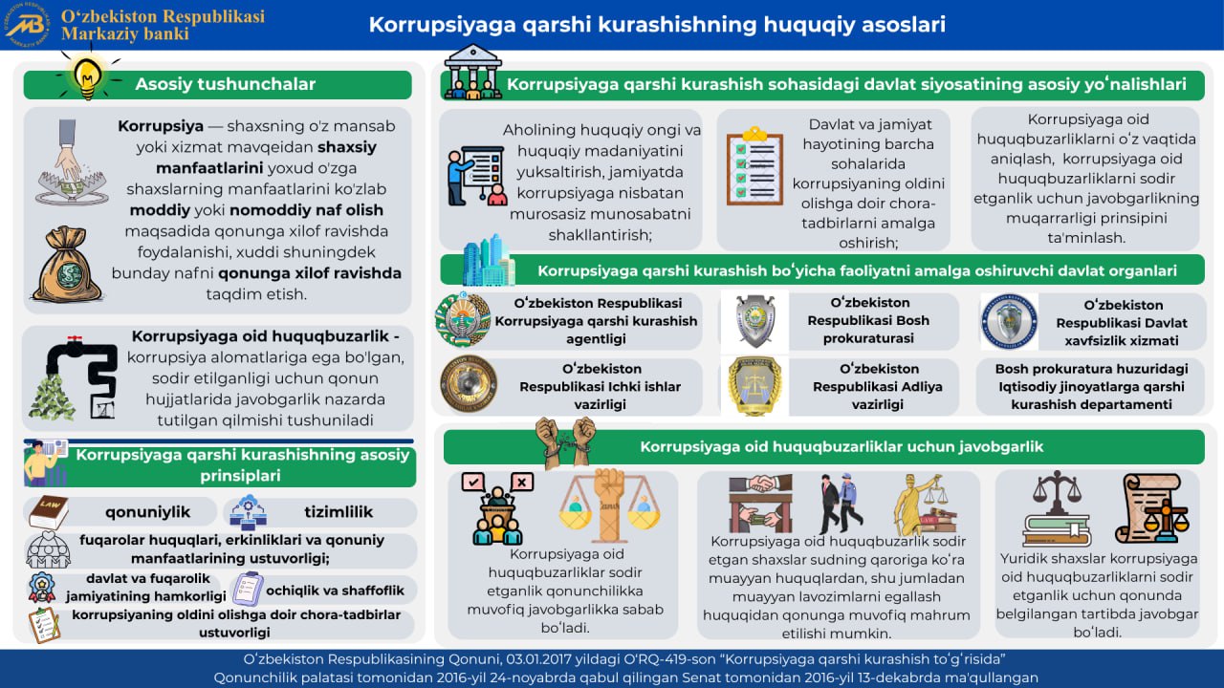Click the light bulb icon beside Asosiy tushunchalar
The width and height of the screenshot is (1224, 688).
coord(88,75)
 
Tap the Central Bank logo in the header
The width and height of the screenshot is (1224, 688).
coord(27,25)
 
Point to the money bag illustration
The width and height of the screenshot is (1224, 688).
coord(66,265)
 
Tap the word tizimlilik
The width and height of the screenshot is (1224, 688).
coord(338,511)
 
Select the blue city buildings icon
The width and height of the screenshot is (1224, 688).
coord(488,260)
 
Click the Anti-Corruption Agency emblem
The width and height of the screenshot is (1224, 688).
coord(463,320)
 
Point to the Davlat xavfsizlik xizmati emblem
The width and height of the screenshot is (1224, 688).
coord(1009,321)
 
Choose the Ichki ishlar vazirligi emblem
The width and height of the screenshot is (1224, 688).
coord(469,384)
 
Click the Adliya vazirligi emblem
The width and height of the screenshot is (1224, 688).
coord(754,385)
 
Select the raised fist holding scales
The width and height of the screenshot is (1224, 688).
coord(609,504)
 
